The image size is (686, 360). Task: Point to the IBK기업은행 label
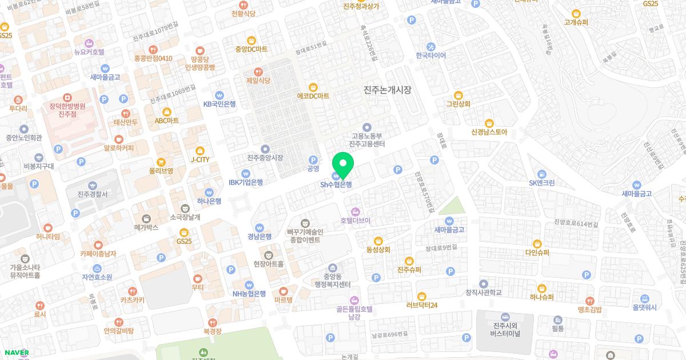[246, 182]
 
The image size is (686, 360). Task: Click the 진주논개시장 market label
[388, 90]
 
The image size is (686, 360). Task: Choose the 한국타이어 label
[431, 55]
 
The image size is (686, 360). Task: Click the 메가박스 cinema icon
[146, 218]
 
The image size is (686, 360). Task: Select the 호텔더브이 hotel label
[355, 220]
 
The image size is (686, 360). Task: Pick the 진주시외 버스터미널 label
[505, 330]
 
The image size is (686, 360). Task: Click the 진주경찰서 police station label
[92, 194]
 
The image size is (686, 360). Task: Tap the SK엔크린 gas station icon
[542, 174]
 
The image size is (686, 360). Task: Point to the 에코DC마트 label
[313, 96]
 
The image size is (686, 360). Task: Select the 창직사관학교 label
[484, 293]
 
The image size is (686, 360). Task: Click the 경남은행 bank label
[260, 237]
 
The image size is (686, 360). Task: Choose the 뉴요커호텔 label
[89, 51]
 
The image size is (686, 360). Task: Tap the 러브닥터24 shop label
[422, 305]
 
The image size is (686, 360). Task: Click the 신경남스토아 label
[489, 132]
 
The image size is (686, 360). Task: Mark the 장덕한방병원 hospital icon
[67, 98]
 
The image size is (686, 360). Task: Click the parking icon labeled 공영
[313, 160]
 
